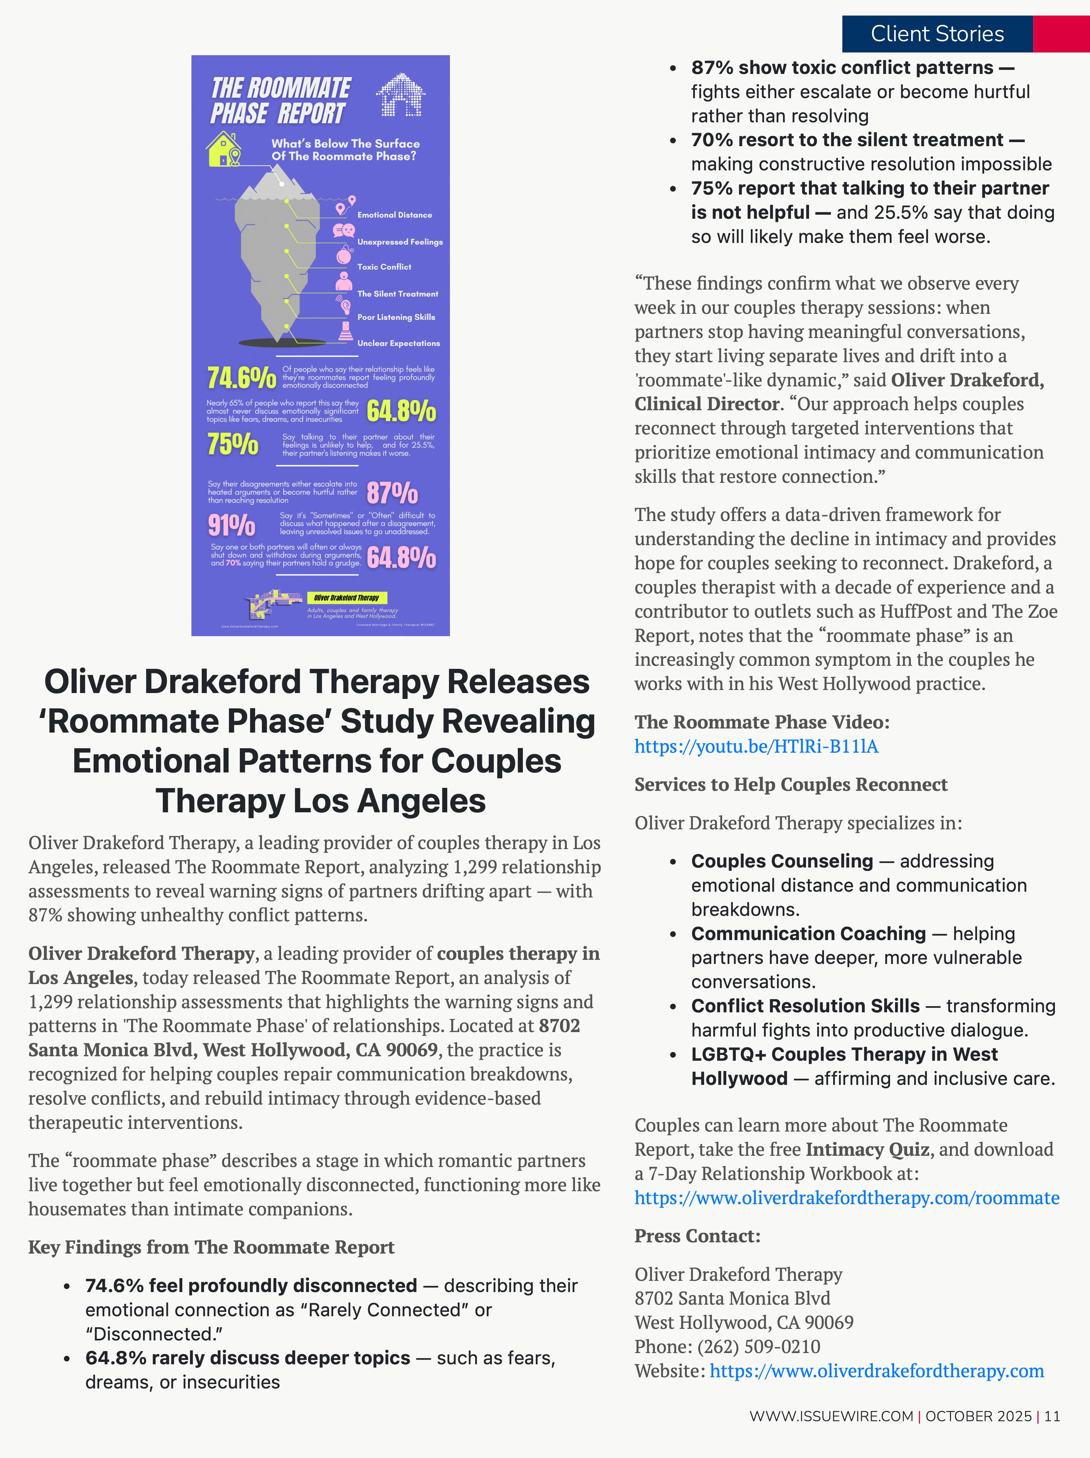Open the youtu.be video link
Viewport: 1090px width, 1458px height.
[x=756, y=746]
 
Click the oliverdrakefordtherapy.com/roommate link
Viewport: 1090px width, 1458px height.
[x=846, y=1198]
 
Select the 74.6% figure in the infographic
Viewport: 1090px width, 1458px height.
[x=241, y=378]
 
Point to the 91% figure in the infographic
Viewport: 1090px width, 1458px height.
[x=231, y=525]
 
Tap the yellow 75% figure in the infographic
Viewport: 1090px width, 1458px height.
[x=233, y=444]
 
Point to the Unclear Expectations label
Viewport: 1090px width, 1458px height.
[x=398, y=343]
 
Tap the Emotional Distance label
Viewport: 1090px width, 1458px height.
[x=394, y=215]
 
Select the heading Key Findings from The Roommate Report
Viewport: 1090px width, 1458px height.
[x=211, y=1247]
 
